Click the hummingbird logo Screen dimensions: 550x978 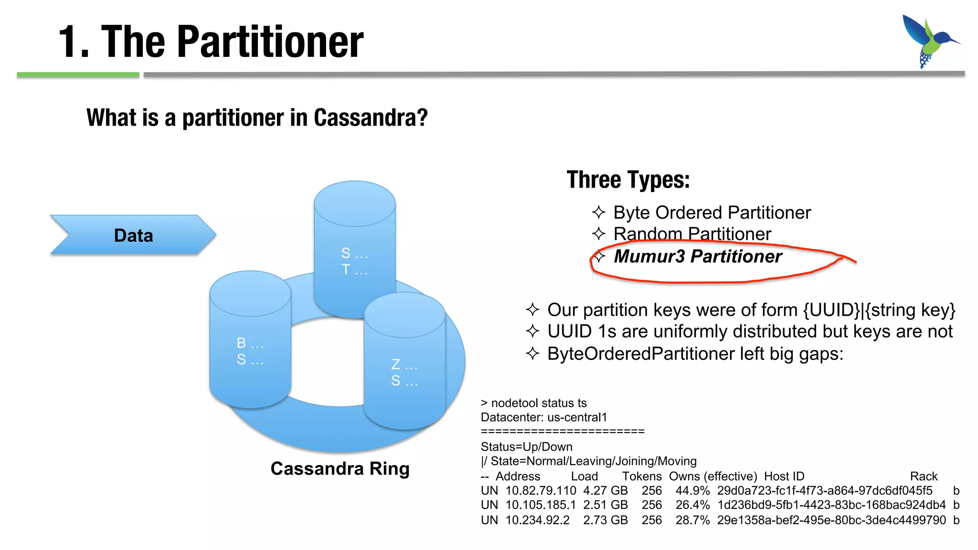(x=929, y=41)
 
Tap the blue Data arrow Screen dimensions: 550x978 (x=133, y=235)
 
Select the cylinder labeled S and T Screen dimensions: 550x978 (x=354, y=248)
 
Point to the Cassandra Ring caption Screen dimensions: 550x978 (x=340, y=469)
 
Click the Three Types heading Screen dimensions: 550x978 (x=628, y=180)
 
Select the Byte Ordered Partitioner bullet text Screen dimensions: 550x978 (x=712, y=212)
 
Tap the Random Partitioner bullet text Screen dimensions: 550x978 (x=692, y=234)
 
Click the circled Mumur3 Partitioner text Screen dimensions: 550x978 (x=697, y=256)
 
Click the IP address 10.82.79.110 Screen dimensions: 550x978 (x=541, y=491)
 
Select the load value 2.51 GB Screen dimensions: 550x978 (x=605, y=505)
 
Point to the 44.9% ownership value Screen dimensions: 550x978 (x=692, y=491)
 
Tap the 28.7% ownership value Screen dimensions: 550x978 (x=692, y=520)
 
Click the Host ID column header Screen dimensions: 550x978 (x=784, y=476)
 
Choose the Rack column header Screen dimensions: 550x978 (x=923, y=476)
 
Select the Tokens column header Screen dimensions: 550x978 (x=641, y=476)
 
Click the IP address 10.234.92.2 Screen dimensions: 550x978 (x=537, y=520)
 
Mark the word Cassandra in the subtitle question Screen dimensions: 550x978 (x=371, y=118)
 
